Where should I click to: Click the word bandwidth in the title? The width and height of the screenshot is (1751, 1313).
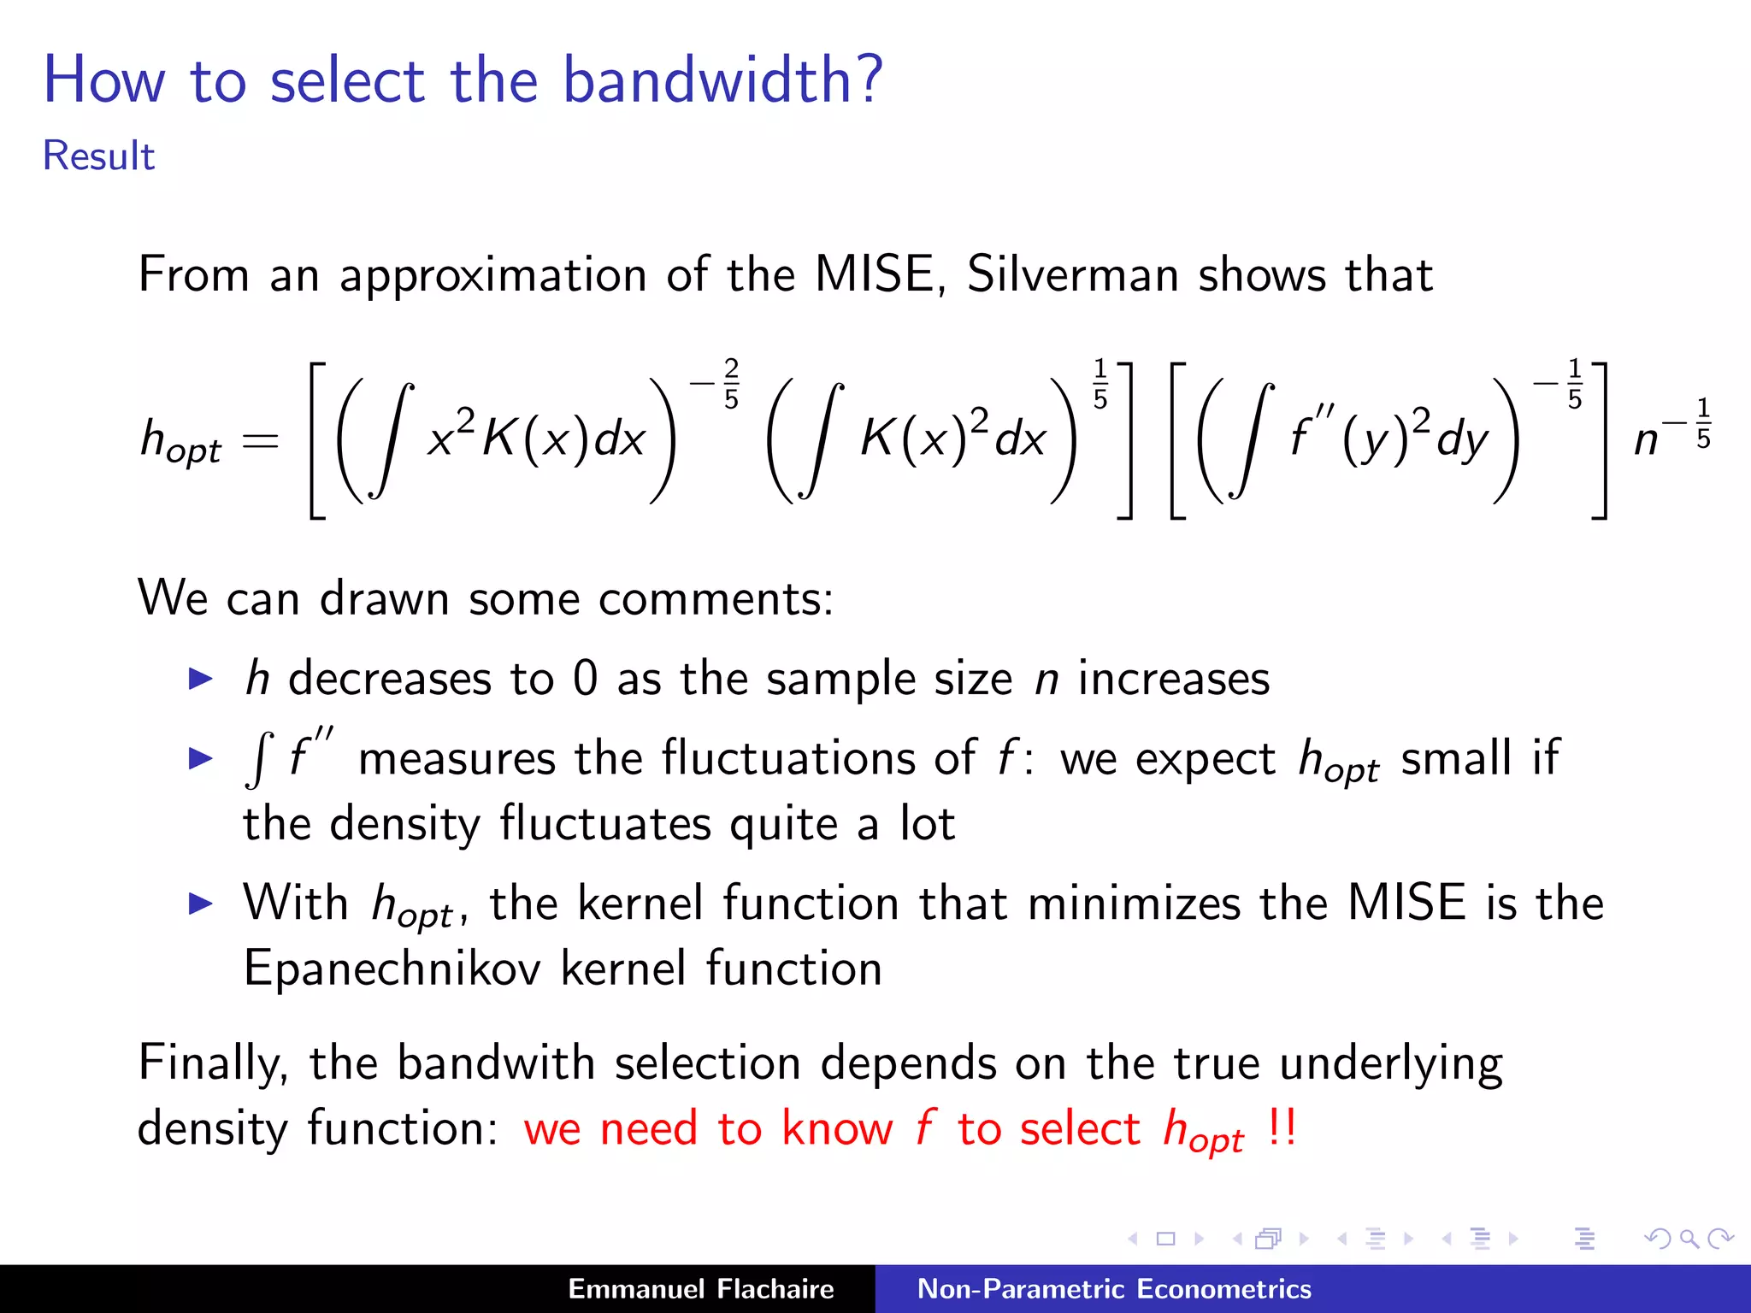tap(722, 79)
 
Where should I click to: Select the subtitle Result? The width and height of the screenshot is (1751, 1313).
tap(98, 156)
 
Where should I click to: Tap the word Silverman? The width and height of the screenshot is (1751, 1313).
tap(1072, 275)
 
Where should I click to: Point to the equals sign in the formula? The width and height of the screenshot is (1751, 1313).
tap(260, 441)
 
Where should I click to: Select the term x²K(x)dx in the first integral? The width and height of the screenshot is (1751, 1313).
tap(536, 439)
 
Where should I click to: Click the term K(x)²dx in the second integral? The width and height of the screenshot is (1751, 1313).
tap(952, 439)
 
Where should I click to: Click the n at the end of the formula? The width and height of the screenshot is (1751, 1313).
tap(1646, 441)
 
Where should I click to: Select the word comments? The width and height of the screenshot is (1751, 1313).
tap(715, 598)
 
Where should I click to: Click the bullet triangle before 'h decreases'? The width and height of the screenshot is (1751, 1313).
tap(200, 680)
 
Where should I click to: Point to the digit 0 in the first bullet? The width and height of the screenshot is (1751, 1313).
tap(585, 679)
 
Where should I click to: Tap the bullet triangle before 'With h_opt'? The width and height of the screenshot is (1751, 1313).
tap(200, 904)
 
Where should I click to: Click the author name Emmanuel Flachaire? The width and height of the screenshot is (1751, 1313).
tap(700, 1289)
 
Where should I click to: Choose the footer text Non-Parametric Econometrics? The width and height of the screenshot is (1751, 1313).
tap(1113, 1289)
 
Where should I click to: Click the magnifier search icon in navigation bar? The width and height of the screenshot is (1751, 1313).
tap(1689, 1239)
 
